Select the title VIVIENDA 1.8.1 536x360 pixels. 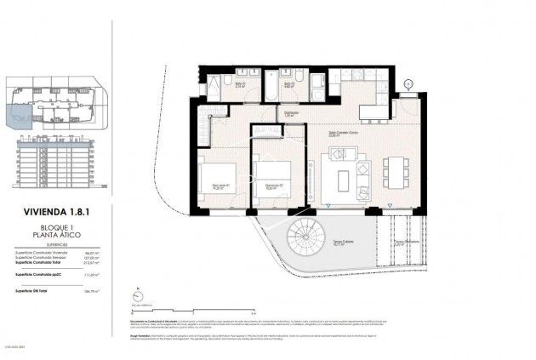tap(56, 217)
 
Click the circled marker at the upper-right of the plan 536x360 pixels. tap(408, 83)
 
